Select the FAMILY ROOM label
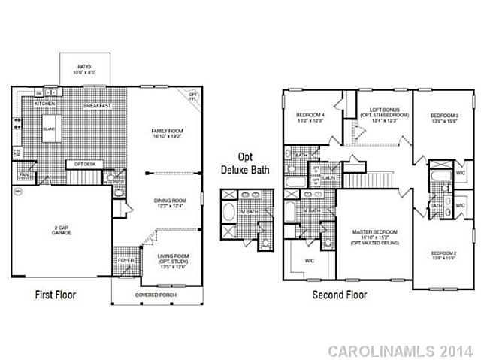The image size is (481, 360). (x=167, y=134)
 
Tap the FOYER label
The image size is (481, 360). (x=126, y=261)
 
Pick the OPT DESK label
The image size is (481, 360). (x=84, y=163)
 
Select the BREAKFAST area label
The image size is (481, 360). (x=98, y=107)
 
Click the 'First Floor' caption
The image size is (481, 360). (x=56, y=295)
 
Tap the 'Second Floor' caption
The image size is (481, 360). (x=340, y=295)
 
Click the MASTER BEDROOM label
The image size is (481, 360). (x=374, y=234)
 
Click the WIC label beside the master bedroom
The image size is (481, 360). (x=309, y=261)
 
